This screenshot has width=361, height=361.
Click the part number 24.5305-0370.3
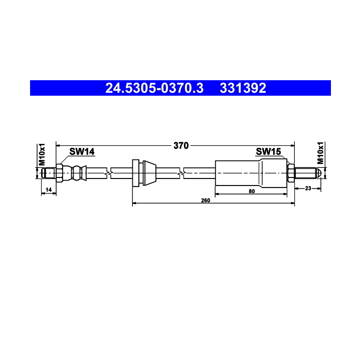click(154, 88)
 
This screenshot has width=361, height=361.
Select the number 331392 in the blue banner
click(243, 88)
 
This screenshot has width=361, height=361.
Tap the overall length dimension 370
click(181, 145)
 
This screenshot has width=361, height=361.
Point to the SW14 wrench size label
click(82, 151)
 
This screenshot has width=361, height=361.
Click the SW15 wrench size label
click(268, 151)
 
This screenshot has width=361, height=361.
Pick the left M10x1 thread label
click(42, 154)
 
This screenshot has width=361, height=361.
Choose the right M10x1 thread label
click(320, 153)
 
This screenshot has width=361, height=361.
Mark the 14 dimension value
click(49, 190)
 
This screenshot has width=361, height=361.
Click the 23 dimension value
click(308, 189)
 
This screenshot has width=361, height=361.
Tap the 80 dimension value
click(252, 192)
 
